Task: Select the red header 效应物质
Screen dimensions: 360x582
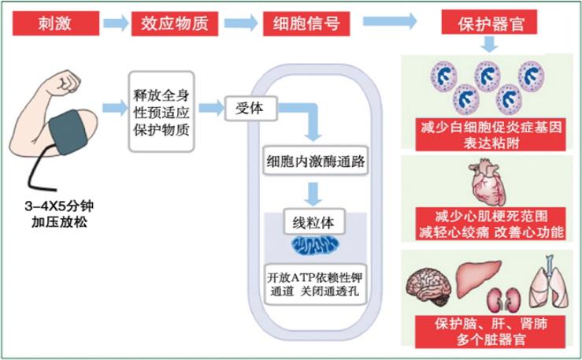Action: click(x=174, y=23)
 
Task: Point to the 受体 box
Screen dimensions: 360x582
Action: click(x=250, y=108)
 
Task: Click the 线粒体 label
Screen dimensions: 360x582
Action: click(x=313, y=223)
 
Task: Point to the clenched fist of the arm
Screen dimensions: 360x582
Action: click(x=67, y=81)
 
